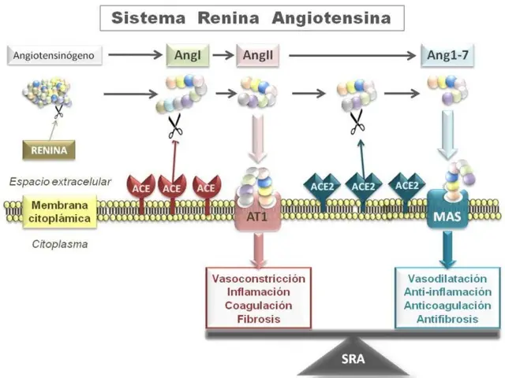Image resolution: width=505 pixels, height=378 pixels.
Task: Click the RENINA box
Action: tap(49, 147)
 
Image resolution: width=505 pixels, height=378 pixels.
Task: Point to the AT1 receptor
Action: tap(258, 216)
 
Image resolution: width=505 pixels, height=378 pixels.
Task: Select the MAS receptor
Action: tap(447, 216)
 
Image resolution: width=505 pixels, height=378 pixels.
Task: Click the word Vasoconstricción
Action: tap(259, 279)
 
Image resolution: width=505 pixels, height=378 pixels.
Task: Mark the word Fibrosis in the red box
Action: tap(259, 319)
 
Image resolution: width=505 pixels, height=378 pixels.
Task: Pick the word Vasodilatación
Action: tap(447, 279)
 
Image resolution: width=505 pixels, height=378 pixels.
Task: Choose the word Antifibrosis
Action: tap(447, 319)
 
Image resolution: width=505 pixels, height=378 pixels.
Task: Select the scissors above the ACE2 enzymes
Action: tap(357, 121)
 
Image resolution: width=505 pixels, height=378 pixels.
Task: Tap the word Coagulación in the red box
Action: tap(259, 306)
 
